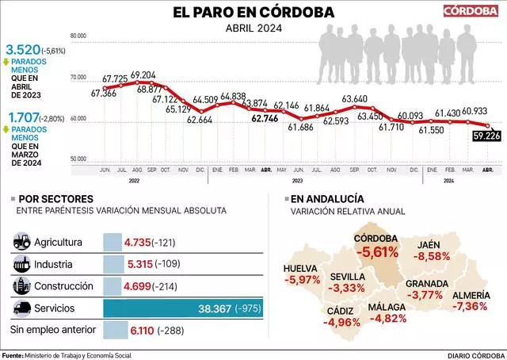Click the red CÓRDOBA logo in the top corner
(471, 11)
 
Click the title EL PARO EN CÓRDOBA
(253, 12)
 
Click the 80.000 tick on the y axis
(78, 36)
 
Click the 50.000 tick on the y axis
(78, 159)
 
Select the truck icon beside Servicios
(22, 307)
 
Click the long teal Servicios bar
(182, 307)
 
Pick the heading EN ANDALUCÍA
(327, 198)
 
